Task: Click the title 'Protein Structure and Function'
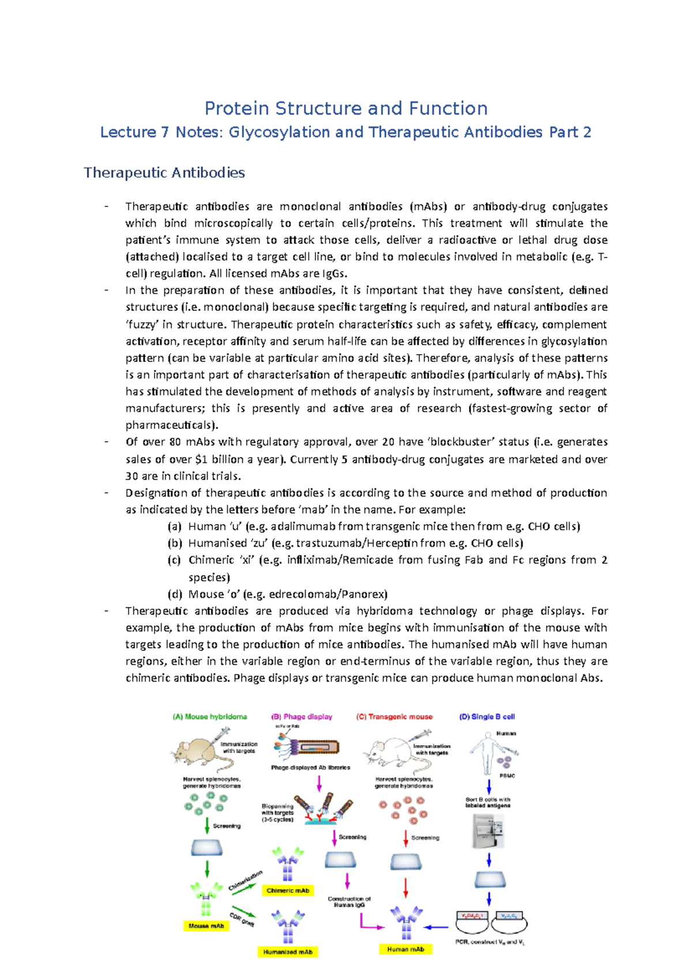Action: pos(346,108)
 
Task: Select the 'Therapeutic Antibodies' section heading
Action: pos(164,172)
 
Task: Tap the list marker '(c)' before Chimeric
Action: pos(174,560)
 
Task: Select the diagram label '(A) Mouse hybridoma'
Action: pos(210,717)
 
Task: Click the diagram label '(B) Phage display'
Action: pos(302,717)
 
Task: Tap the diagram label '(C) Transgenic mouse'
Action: pos(394,717)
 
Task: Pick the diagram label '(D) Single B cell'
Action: pos(487,717)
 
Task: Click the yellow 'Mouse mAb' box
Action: pos(206,925)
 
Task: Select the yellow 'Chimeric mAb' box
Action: pos(288,890)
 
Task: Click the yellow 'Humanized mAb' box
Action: pos(288,952)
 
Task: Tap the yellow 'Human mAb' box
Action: pos(405,949)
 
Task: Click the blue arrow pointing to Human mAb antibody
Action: pos(437,927)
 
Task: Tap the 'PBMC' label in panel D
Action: pos(507,776)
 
